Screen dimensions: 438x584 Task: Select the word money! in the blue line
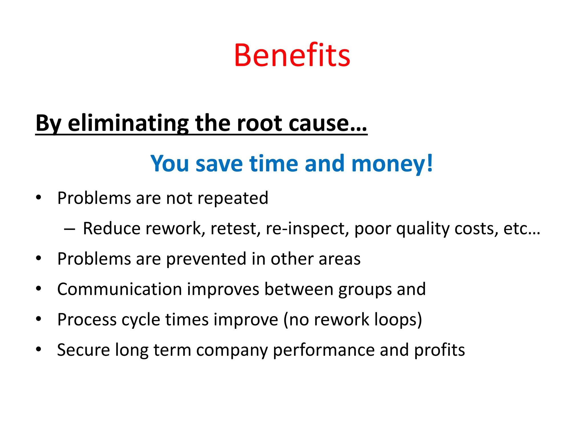[x=392, y=164]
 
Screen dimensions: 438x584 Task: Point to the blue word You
[x=170, y=164]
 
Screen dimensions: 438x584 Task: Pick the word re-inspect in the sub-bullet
[x=307, y=229]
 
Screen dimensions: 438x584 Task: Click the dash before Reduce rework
[x=70, y=229]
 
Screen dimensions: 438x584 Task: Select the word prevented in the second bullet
[x=206, y=259]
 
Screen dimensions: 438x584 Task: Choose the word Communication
[x=119, y=289]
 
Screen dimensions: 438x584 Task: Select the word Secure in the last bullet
[x=83, y=350]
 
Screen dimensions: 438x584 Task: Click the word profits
[x=439, y=350]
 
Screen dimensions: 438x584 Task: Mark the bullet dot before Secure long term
[x=39, y=349]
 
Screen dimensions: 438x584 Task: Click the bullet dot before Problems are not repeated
[x=39, y=197]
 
